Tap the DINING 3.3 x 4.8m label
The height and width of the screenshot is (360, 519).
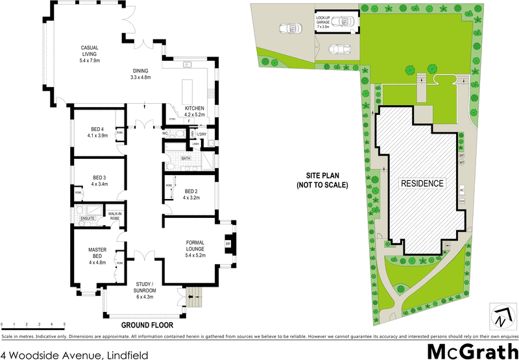pyautogui.click(x=141, y=74)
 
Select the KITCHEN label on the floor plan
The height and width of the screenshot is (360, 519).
pyautogui.click(x=194, y=111)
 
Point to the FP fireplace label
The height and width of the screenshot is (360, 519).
pyautogui.click(x=228, y=245)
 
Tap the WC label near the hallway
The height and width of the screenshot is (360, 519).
pyautogui.click(x=165, y=133)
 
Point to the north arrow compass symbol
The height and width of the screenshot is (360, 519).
pyautogui.click(x=500, y=317)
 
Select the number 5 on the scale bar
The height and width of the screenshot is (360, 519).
pyautogui.click(x=64, y=324)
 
